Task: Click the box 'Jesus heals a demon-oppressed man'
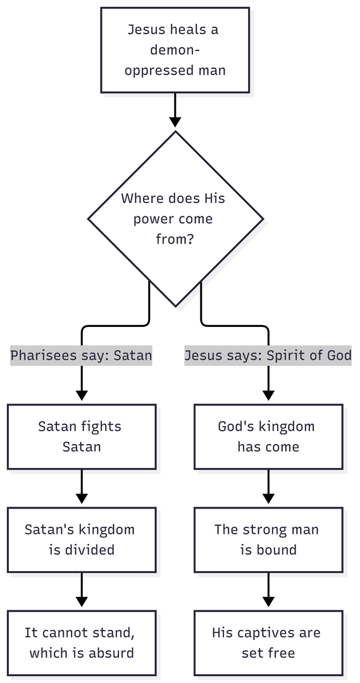point(175,50)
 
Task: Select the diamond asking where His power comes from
point(175,219)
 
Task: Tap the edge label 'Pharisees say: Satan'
point(81,355)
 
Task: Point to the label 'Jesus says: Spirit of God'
point(268,355)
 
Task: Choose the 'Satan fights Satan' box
point(82,436)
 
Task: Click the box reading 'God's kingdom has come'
point(268,436)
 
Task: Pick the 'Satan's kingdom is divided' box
point(82,539)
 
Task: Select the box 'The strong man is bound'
point(268,539)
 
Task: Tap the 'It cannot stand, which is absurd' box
point(82,643)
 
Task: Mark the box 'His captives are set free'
point(268,643)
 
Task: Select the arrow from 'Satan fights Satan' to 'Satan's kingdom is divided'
point(82,486)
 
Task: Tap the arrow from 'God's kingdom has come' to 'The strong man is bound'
point(268,486)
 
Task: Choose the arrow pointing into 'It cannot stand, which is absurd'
point(82,590)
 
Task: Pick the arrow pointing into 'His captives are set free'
point(268,590)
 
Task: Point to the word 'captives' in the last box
point(266,633)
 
